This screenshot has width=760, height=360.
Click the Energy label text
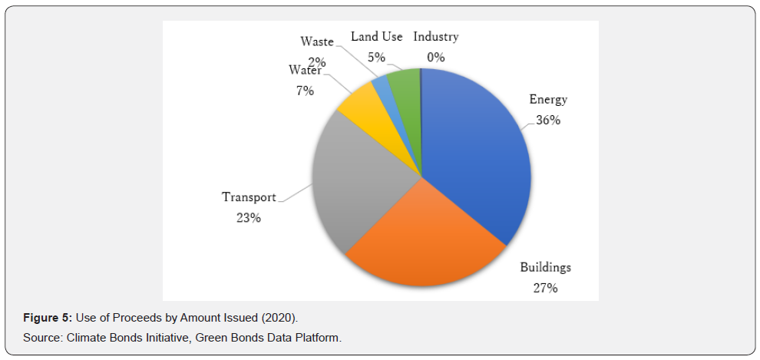(x=548, y=99)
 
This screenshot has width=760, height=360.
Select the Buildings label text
(x=545, y=268)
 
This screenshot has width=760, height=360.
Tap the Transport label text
(x=249, y=197)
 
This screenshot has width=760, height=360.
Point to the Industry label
(x=436, y=37)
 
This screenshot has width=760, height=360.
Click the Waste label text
(x=316, y=41)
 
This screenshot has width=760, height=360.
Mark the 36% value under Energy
(x=548, y=120)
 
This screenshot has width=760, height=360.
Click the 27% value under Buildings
(x=545, y=289)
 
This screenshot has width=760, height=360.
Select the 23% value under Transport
(x=249, y=218)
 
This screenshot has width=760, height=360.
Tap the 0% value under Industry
(x=436, y=57)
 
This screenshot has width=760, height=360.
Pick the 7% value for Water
(x=306, y=91)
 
